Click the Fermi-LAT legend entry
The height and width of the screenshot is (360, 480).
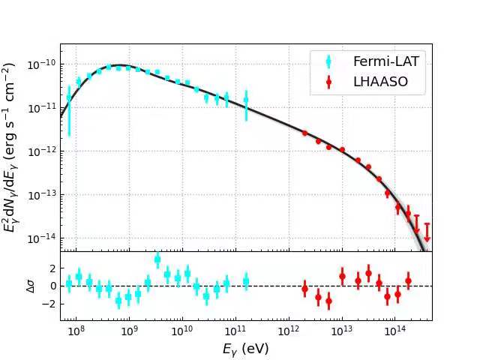click(x=385, y=61)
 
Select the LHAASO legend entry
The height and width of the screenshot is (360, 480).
click(x=380, y=82)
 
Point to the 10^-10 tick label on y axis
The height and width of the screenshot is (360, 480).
click(x=43, y=64)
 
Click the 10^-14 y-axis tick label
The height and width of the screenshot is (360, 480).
click(x=43, y=238)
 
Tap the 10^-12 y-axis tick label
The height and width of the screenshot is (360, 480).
click(x=43, y=151)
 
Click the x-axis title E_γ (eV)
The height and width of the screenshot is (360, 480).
click(x=245, y=349)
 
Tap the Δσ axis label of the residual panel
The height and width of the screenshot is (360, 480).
click(x=30, y=286)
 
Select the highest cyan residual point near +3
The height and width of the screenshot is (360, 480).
click(x=157, y=259)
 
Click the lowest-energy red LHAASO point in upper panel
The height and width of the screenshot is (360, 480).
click(x=304, y=133)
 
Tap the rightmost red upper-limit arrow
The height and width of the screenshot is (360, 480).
click(x=427, y=232)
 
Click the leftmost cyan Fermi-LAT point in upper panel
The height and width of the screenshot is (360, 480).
click(x=69, y=97)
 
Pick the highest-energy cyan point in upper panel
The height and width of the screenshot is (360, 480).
click(x=246, y=99)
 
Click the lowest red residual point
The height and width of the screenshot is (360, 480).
click(x=328, y=301)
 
